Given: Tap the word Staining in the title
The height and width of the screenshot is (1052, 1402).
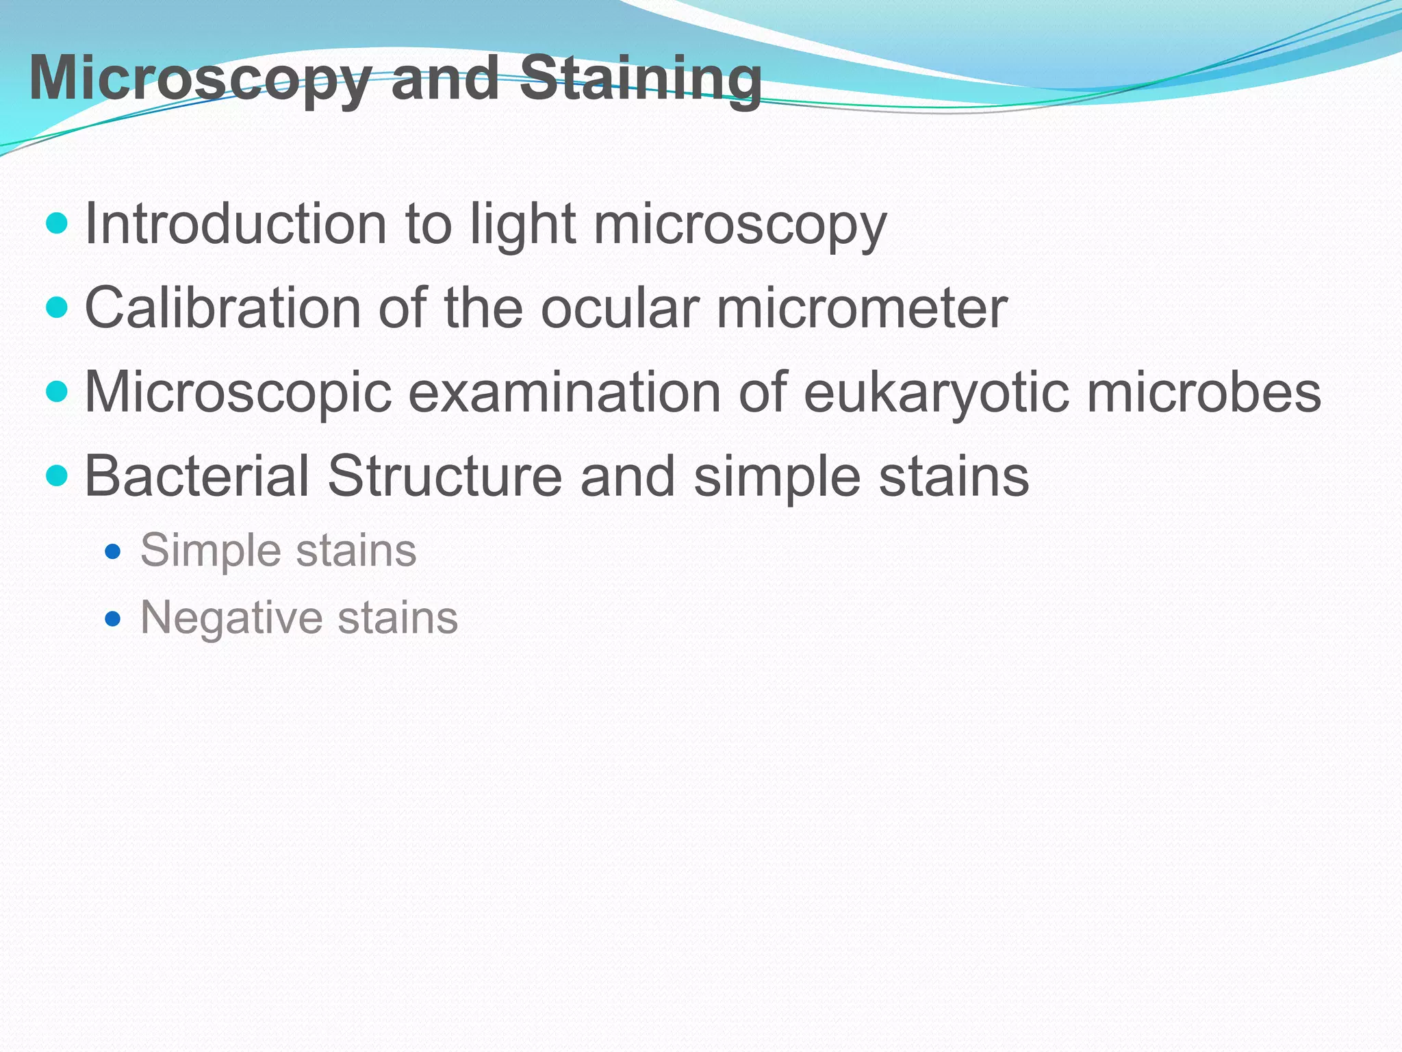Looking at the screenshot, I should [x=640, y=79].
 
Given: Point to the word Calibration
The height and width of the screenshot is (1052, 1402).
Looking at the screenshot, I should [x=222, y=308].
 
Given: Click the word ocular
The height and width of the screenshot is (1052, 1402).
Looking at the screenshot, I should [x=620, y=308].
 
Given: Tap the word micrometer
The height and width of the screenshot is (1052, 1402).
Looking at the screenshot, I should [x=862, y=308].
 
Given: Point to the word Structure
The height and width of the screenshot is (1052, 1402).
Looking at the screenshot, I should [x=444, y=476].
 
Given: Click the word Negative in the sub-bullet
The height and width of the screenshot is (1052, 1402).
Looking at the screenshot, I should [x=230, y=618].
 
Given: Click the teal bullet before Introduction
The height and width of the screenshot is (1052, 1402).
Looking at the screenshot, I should [x=58, y=223].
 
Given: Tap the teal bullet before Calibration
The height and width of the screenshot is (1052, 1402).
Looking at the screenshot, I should [x=58, y=308].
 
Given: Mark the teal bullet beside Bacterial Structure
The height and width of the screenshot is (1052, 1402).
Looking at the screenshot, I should [x=58, y=475].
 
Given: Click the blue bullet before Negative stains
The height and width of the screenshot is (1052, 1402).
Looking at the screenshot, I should [x=113, y=620].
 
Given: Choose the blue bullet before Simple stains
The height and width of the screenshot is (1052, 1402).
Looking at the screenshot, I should [x=113, y=551].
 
